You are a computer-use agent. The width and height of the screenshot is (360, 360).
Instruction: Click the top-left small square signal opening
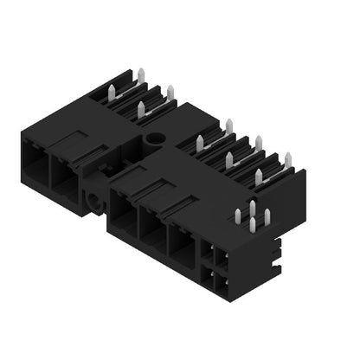210,253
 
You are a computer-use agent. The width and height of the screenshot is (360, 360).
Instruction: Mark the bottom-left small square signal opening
210,277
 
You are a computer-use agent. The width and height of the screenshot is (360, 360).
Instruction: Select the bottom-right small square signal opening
222,284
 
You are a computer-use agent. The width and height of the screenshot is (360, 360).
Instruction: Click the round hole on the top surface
155,138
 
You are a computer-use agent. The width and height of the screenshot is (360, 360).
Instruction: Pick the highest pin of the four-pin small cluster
253,206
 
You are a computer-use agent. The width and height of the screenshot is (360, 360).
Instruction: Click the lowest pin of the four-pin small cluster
252,226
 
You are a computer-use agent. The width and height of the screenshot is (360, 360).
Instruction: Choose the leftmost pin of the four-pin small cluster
238,215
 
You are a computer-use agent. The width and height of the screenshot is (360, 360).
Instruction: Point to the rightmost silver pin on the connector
288,157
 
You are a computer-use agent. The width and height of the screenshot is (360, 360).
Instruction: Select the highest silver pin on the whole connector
140,70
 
